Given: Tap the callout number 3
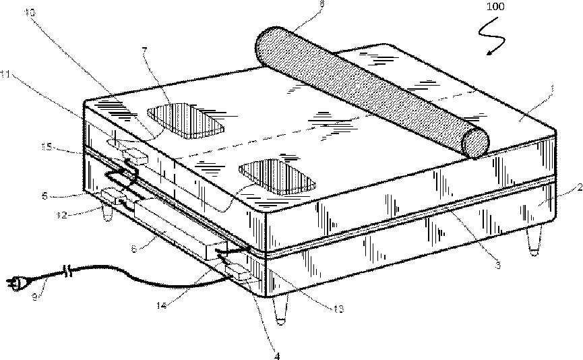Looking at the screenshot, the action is coord(498,266).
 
